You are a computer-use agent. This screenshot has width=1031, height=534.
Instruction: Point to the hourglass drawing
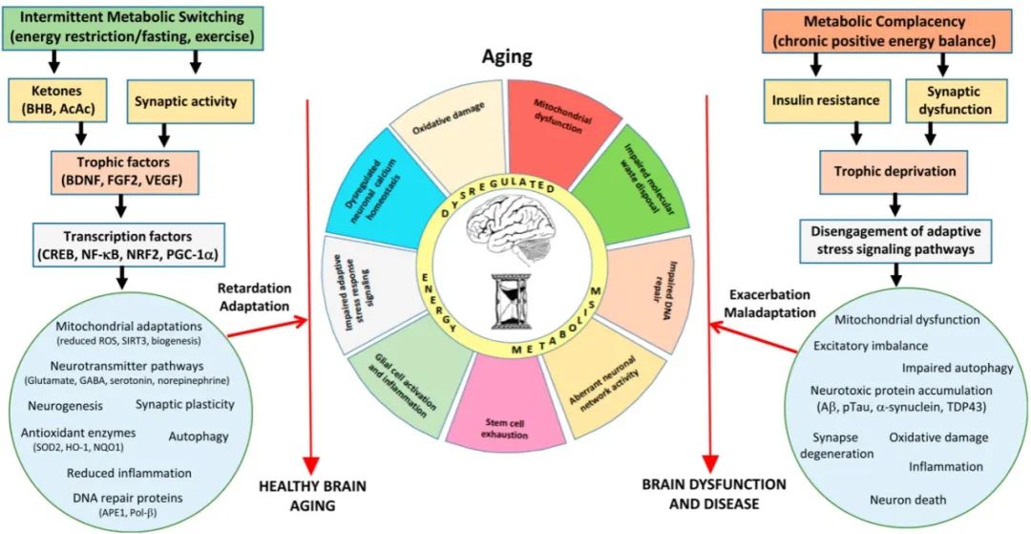513,304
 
